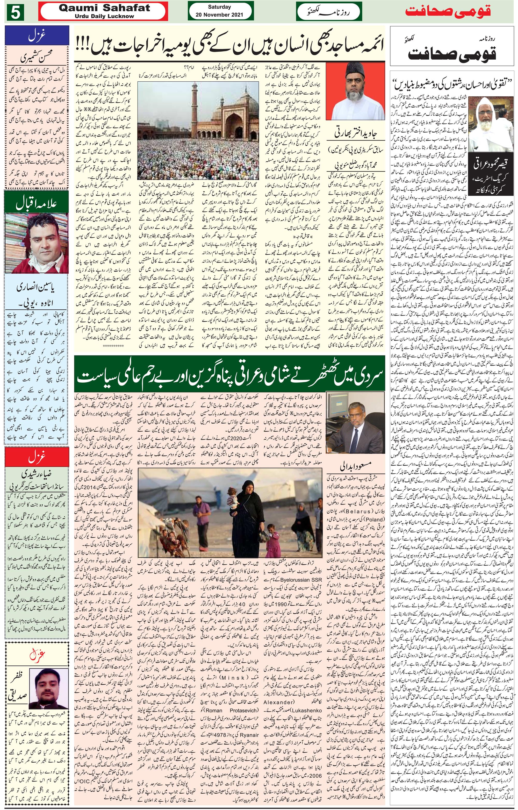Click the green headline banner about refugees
pyautogui.click(x=231, y=376)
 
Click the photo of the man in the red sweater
pyautogui.click(x=36, y=243)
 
